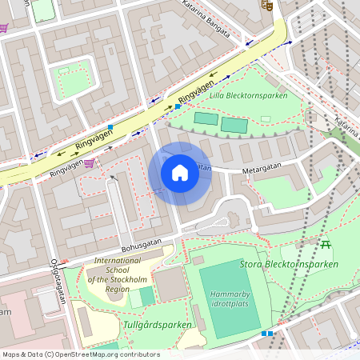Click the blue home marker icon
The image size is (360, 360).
tap(180, 173)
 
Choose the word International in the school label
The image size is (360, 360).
tap(117, 261)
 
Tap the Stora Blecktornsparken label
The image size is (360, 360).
tap(289, 264)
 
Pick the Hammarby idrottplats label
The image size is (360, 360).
tap(230, 299)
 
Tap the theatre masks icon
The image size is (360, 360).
tap(266, 5)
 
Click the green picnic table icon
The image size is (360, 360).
tap(326, 243)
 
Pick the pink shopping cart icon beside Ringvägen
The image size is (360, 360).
tap(89, 163)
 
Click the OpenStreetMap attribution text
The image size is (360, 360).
tap(80, 354)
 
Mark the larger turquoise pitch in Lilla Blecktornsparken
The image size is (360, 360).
tap(234, 125)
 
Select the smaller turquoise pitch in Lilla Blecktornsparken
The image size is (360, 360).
tap(206, 118)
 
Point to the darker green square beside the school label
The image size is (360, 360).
tap(147, 296)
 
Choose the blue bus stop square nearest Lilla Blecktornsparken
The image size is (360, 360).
tap(178, 106)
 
